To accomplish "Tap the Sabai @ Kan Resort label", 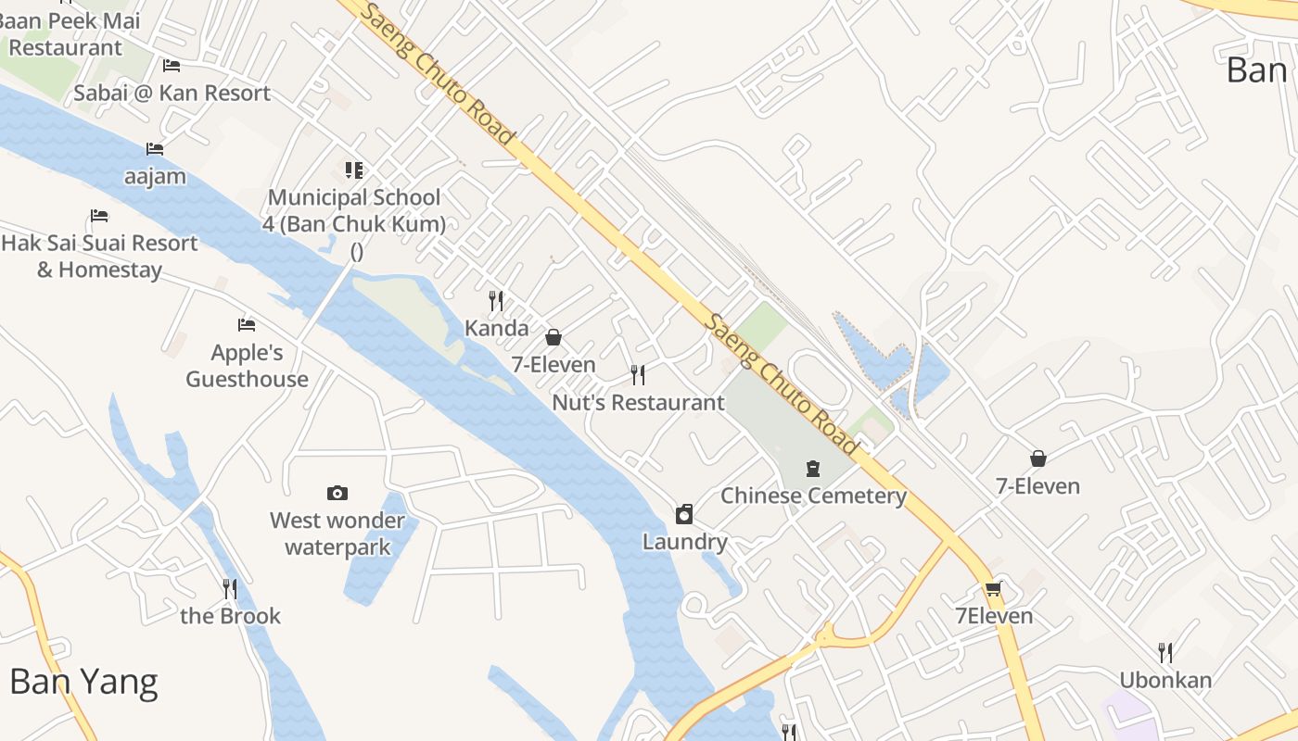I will tap(172, 93).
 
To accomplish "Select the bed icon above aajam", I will tap(155, 149).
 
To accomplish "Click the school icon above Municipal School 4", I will tap(354, 170).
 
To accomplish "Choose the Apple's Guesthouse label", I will tap(247, 366).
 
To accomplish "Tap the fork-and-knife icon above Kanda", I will tap(496, 301).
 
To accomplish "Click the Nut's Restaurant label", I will tap(638, 403).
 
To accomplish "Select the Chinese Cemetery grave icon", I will tap(813, 469).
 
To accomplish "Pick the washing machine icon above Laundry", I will tap(684, 514).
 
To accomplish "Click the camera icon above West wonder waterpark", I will tap(337, 493).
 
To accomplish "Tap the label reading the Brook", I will tap(230, 616).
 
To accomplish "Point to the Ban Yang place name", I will tap(83, 682).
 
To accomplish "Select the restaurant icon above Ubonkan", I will tap(1165, 653).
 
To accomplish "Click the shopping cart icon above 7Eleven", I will tap(993, 589).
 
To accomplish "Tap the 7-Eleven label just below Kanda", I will tap(554, 365).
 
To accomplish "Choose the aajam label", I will tap(155, 176).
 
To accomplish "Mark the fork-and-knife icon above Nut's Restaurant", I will tap(638, 375).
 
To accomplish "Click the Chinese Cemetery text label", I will tap(813, 496).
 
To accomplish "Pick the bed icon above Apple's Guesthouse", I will tap(247, 325).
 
